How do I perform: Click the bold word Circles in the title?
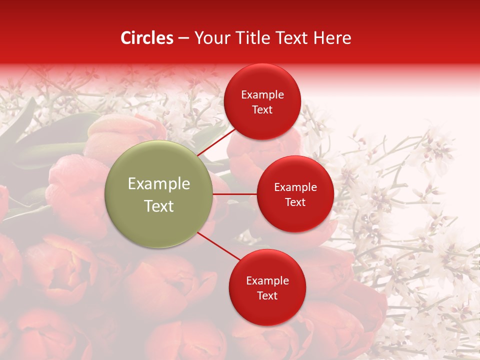pos(147,38)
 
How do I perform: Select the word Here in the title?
pos(332,38)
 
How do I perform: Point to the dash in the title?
pos(184,38)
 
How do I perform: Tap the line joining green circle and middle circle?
pos(235,193)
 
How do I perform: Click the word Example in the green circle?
pos(159,184)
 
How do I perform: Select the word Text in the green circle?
pos(159,206)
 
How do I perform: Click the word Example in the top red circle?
pos(262,95)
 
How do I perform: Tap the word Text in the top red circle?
pos(262,110)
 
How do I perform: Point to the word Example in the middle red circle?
pos(295,187)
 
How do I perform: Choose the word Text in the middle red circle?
pos(295,202)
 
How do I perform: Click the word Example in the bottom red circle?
pos(267,281)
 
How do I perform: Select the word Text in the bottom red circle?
pos(267,296)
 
